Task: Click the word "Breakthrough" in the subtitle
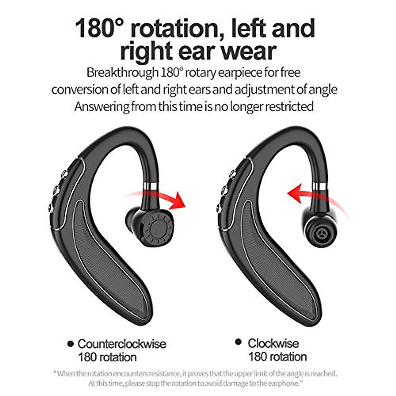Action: tap(122, 72)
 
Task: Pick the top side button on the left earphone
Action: tap(65, 173)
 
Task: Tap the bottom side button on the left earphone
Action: tap(51, 208)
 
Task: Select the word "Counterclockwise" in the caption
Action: tap(122, 344)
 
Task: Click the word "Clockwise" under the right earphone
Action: tap(273, 343)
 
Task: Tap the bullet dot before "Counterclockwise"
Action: tap(70, 344)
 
